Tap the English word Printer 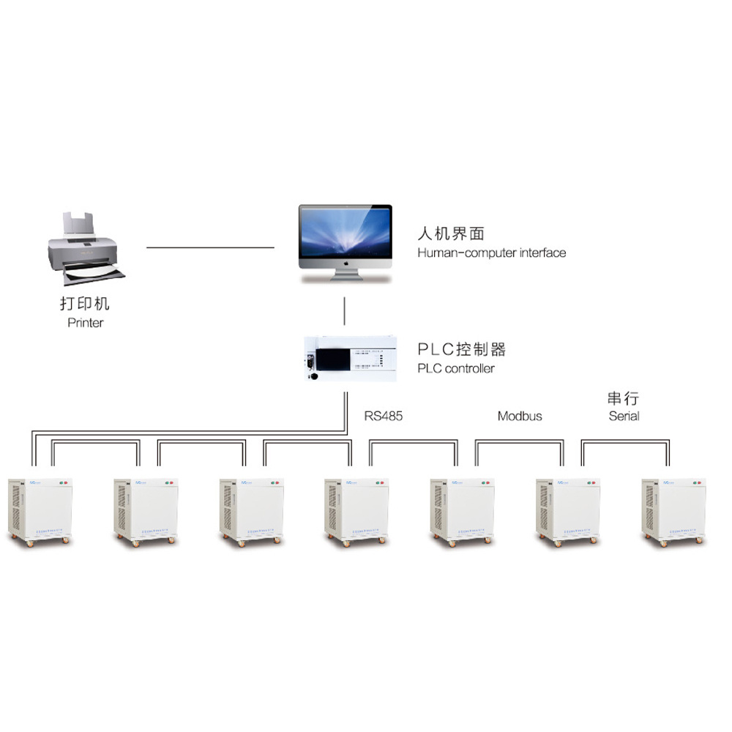tap(86, 322)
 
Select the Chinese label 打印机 tap(85, 303)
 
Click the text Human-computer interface tap(491, 253)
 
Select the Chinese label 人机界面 tap(451, 234)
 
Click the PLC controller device tap(350, 358)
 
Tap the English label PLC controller tap(455, 368)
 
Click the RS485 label tap(384, 416)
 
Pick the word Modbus tap(520, 416)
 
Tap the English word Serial tap(624, 416)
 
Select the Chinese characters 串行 tap(623, 398)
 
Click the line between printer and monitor tap(210, 247)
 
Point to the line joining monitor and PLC tap(345, 311)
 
